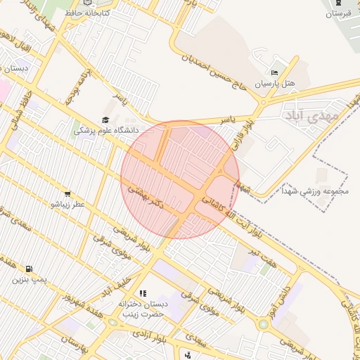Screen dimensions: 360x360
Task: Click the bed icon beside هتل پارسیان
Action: (274, 73)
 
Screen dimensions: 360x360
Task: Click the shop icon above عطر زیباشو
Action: (67, 193)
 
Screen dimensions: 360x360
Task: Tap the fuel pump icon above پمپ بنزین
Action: (28, 269)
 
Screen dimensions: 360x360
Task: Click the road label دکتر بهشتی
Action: (146, 197)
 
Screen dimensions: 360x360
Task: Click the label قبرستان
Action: (337, 13)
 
